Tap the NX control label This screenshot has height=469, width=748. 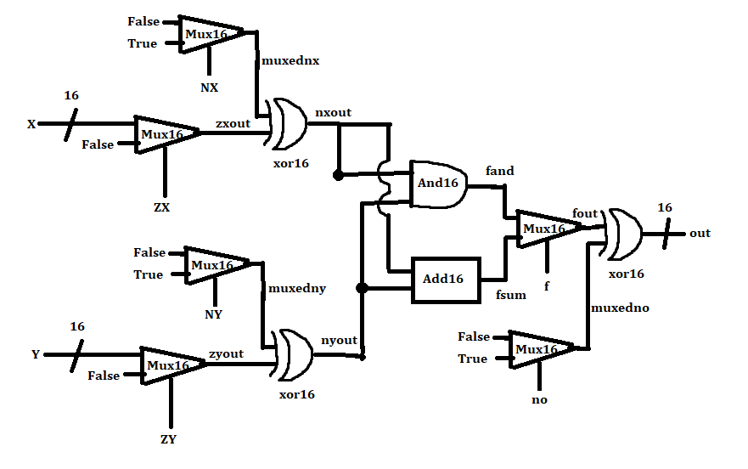(209, 87)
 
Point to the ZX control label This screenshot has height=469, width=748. (163, 207)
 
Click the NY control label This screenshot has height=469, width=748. (214, 314)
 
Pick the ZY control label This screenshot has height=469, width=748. (168, 439)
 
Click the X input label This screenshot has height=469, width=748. (31, 124)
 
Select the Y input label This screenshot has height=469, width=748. (36, 354)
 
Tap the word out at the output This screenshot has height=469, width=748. (700, 233)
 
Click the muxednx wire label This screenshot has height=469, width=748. (290, 60)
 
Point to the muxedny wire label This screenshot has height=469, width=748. (296, 289)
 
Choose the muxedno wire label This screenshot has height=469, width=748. (620, 308)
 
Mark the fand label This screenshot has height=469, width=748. (499, 171)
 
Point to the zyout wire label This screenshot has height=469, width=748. (226, 353)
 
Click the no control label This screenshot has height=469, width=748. (539, 398)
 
